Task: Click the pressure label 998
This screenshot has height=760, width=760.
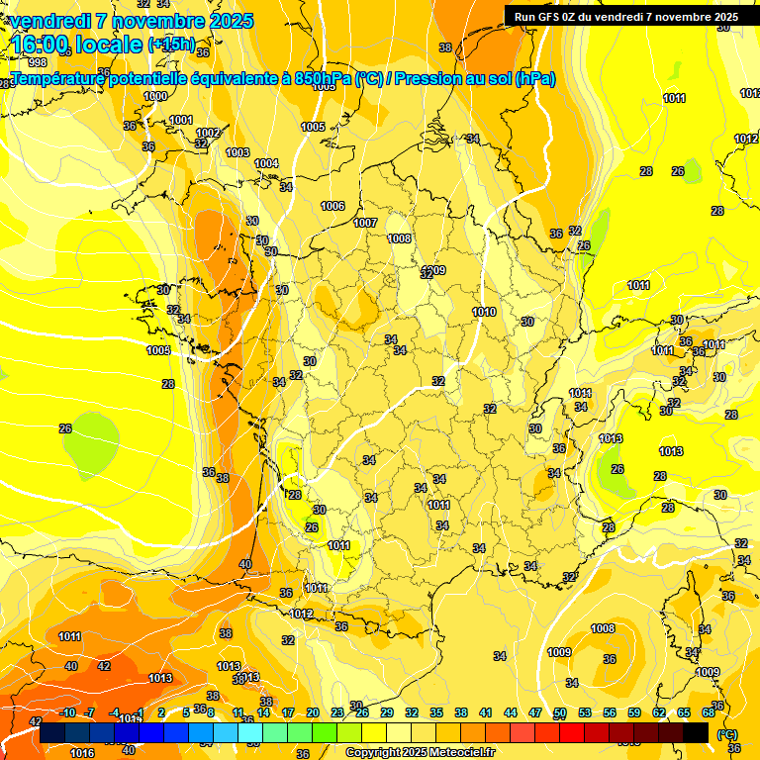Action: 38,62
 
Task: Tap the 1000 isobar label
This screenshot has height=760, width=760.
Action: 155,96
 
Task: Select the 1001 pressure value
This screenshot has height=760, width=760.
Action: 181,120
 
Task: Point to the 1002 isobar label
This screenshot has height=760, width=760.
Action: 208,133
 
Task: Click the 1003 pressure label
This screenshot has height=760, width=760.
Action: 237,152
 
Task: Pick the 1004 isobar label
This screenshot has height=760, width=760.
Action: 266,163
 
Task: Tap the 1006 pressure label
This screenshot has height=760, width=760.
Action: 332,206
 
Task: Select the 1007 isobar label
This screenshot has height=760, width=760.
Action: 365,223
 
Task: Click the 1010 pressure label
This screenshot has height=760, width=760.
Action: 484,312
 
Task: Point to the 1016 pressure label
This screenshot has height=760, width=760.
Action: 82,753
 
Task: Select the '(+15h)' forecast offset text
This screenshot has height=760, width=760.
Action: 170,45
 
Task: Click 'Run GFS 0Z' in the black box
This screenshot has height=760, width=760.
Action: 551,16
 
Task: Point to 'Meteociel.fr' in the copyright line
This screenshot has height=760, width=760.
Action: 460,753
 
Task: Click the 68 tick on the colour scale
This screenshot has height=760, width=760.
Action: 709,712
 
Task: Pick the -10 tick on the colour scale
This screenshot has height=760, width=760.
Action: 68,712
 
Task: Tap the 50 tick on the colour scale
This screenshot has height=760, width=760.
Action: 560,712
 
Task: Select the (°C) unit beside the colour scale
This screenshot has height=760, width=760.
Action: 726,733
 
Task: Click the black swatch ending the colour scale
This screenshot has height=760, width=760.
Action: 697,732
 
